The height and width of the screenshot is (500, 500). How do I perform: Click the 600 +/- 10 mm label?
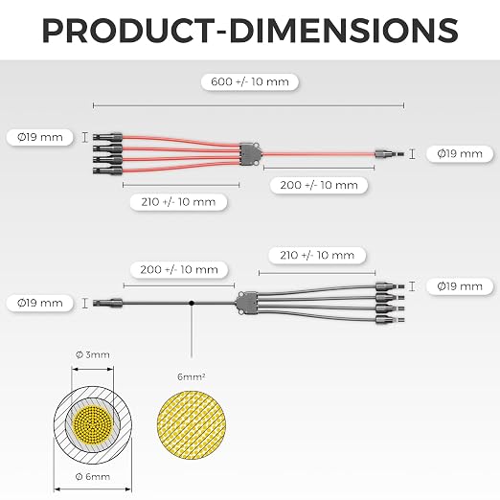(250, 81)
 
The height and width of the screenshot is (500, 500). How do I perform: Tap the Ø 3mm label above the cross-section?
(93, 354)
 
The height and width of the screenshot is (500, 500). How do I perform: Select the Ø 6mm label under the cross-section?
(93, 477)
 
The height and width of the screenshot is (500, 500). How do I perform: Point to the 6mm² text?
(192, 376)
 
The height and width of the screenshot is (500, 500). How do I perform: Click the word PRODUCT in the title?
(128, 31)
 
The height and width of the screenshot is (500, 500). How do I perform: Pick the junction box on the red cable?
(250, 154)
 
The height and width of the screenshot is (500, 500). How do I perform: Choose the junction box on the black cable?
(247, 303)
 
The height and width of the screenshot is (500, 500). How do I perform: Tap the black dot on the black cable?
(192, 303)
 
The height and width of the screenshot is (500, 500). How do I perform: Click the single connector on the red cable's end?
(389, 154)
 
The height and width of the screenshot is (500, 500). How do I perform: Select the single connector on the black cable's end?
(107, 303)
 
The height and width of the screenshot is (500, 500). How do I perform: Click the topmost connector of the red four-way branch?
(107, 137)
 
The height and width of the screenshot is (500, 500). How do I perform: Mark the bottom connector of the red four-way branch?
(107, 170)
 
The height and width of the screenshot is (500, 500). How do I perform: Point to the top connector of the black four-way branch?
(390, 286)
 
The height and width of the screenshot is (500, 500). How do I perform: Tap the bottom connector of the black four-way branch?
(390, 319)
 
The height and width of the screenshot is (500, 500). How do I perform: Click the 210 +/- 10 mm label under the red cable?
(178, 202)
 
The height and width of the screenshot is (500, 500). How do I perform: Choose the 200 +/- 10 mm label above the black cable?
(179, 270)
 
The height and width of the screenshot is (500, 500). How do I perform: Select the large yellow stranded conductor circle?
(192, 425)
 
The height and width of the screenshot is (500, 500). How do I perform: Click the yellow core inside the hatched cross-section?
(93, 424)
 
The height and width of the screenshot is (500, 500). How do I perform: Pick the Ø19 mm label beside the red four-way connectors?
(40, 137)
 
